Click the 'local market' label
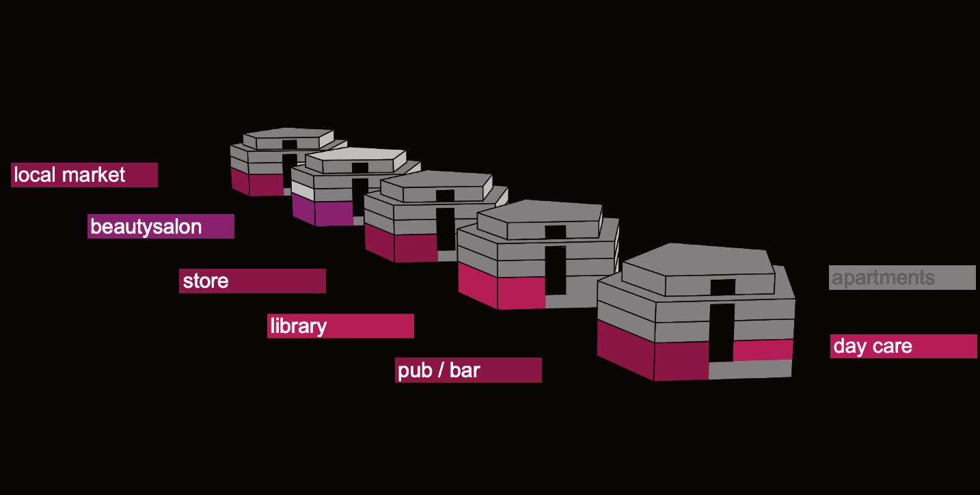tap(84, 175)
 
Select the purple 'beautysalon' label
tap(161, 226)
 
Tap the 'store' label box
tap(252, 281)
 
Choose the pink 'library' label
tap(340, 326)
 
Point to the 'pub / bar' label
tap(468, 371)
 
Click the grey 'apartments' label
tap(902, 278)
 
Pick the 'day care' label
tap(903, 346)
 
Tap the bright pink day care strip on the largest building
tap(763, 349)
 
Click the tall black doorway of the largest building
tap(721, 332)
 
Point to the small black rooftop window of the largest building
tap(723, 287)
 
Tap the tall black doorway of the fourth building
tap(555, 270)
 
